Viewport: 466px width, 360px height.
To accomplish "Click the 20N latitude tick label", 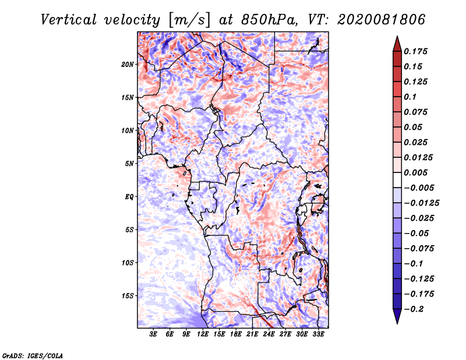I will tap(128, 64).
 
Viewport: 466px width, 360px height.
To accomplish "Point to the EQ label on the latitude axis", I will tap(129, 196).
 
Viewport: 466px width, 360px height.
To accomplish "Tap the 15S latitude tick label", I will tap(128, 295).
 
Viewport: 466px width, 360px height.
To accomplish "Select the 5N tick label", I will tap(129, 164).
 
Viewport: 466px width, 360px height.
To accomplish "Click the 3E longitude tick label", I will tap(154, 335).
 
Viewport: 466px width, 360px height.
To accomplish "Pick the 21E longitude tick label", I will tap(253, 335).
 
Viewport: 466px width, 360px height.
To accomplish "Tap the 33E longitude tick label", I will tap(319, 335).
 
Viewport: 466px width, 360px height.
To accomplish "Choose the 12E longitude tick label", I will tap(203, 335).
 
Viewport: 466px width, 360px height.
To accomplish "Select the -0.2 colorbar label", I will tap(415, 309).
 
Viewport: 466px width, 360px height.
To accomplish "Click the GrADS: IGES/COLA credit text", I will tap(33, 355).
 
